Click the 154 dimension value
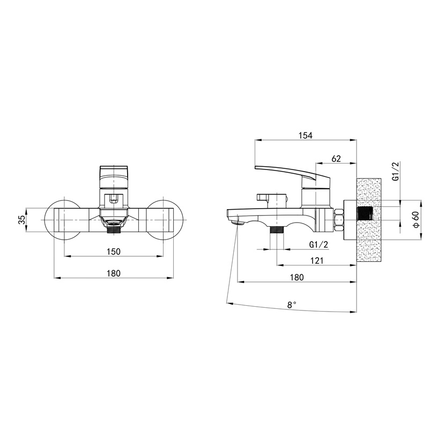(x=306, y=135)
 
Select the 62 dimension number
(x=336, y=159)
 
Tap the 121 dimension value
(x=317, y=261)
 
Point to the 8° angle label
(x=292, y=305)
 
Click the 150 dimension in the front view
(x=114, y=252)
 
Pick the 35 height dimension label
(x=21, y=220)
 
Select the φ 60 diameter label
(x=416, y=219)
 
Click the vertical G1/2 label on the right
(x=396, y=171)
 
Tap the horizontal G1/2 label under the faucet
(x=319, y=245)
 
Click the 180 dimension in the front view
(x=114, y=273)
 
